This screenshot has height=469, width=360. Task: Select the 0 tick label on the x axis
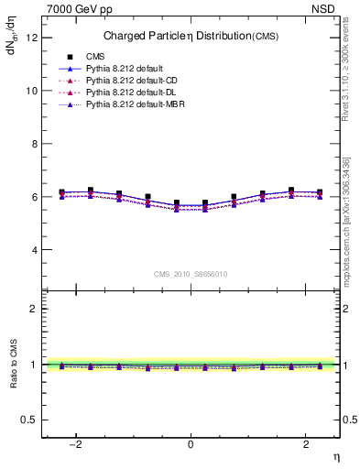[191, 444]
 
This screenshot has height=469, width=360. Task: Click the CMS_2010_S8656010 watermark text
[191, 274]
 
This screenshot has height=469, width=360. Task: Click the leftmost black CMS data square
[61, 192]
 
